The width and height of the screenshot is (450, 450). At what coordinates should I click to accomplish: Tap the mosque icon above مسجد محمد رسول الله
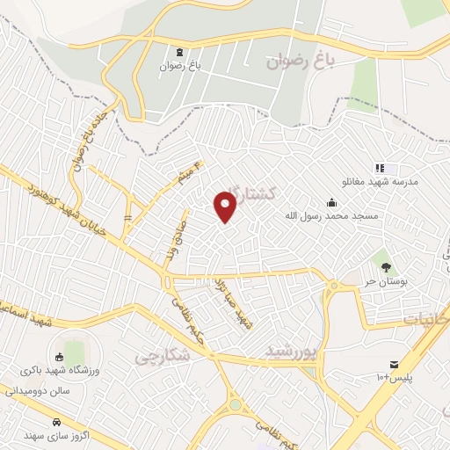pyautogui.click(x=330, y=201)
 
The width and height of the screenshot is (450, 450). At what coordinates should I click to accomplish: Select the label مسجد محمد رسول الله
pyautogui.click(x=330, y=214)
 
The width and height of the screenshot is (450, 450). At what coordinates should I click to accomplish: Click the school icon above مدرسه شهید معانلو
pyautogui.click(x=380, y=167)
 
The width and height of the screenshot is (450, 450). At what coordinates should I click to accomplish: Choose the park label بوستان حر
pyautogui.click(x=383, y=280)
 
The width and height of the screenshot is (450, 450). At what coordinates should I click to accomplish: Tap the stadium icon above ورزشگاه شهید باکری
pyautogui.click(x=59, y=356)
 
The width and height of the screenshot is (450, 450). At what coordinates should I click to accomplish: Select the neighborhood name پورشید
pyautogui.click(x=289, y=352)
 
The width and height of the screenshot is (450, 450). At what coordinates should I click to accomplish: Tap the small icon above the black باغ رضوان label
pyautogui.click(x=180, y=52)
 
